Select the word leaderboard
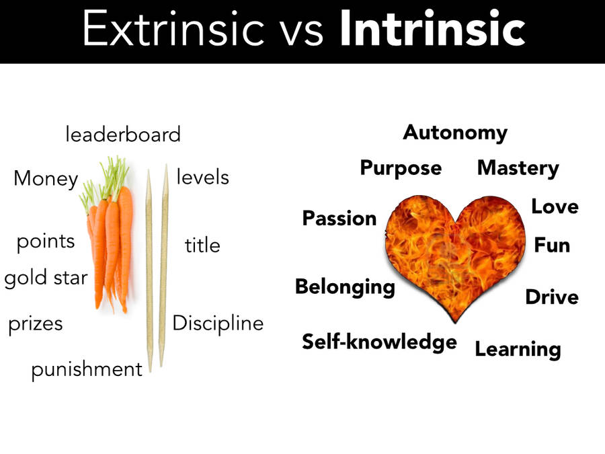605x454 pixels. pos(123,135)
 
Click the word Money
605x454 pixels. pos(46,179)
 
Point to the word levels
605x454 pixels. pos(202,178)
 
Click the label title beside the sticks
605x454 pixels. pos(202,245)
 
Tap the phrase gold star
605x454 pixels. pos(46,278)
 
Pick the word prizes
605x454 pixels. pos(36,324)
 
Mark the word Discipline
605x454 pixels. pos(218,324)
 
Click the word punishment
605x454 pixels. pos(87,369)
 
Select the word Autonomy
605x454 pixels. pos(455,133)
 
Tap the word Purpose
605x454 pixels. pos(401,167)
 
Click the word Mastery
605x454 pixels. pos(518,168)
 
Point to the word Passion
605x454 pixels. pos(339,219)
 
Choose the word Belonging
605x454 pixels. pos(345,287)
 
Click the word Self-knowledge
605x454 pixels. pos(379,342)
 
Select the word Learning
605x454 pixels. pos(518,349)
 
